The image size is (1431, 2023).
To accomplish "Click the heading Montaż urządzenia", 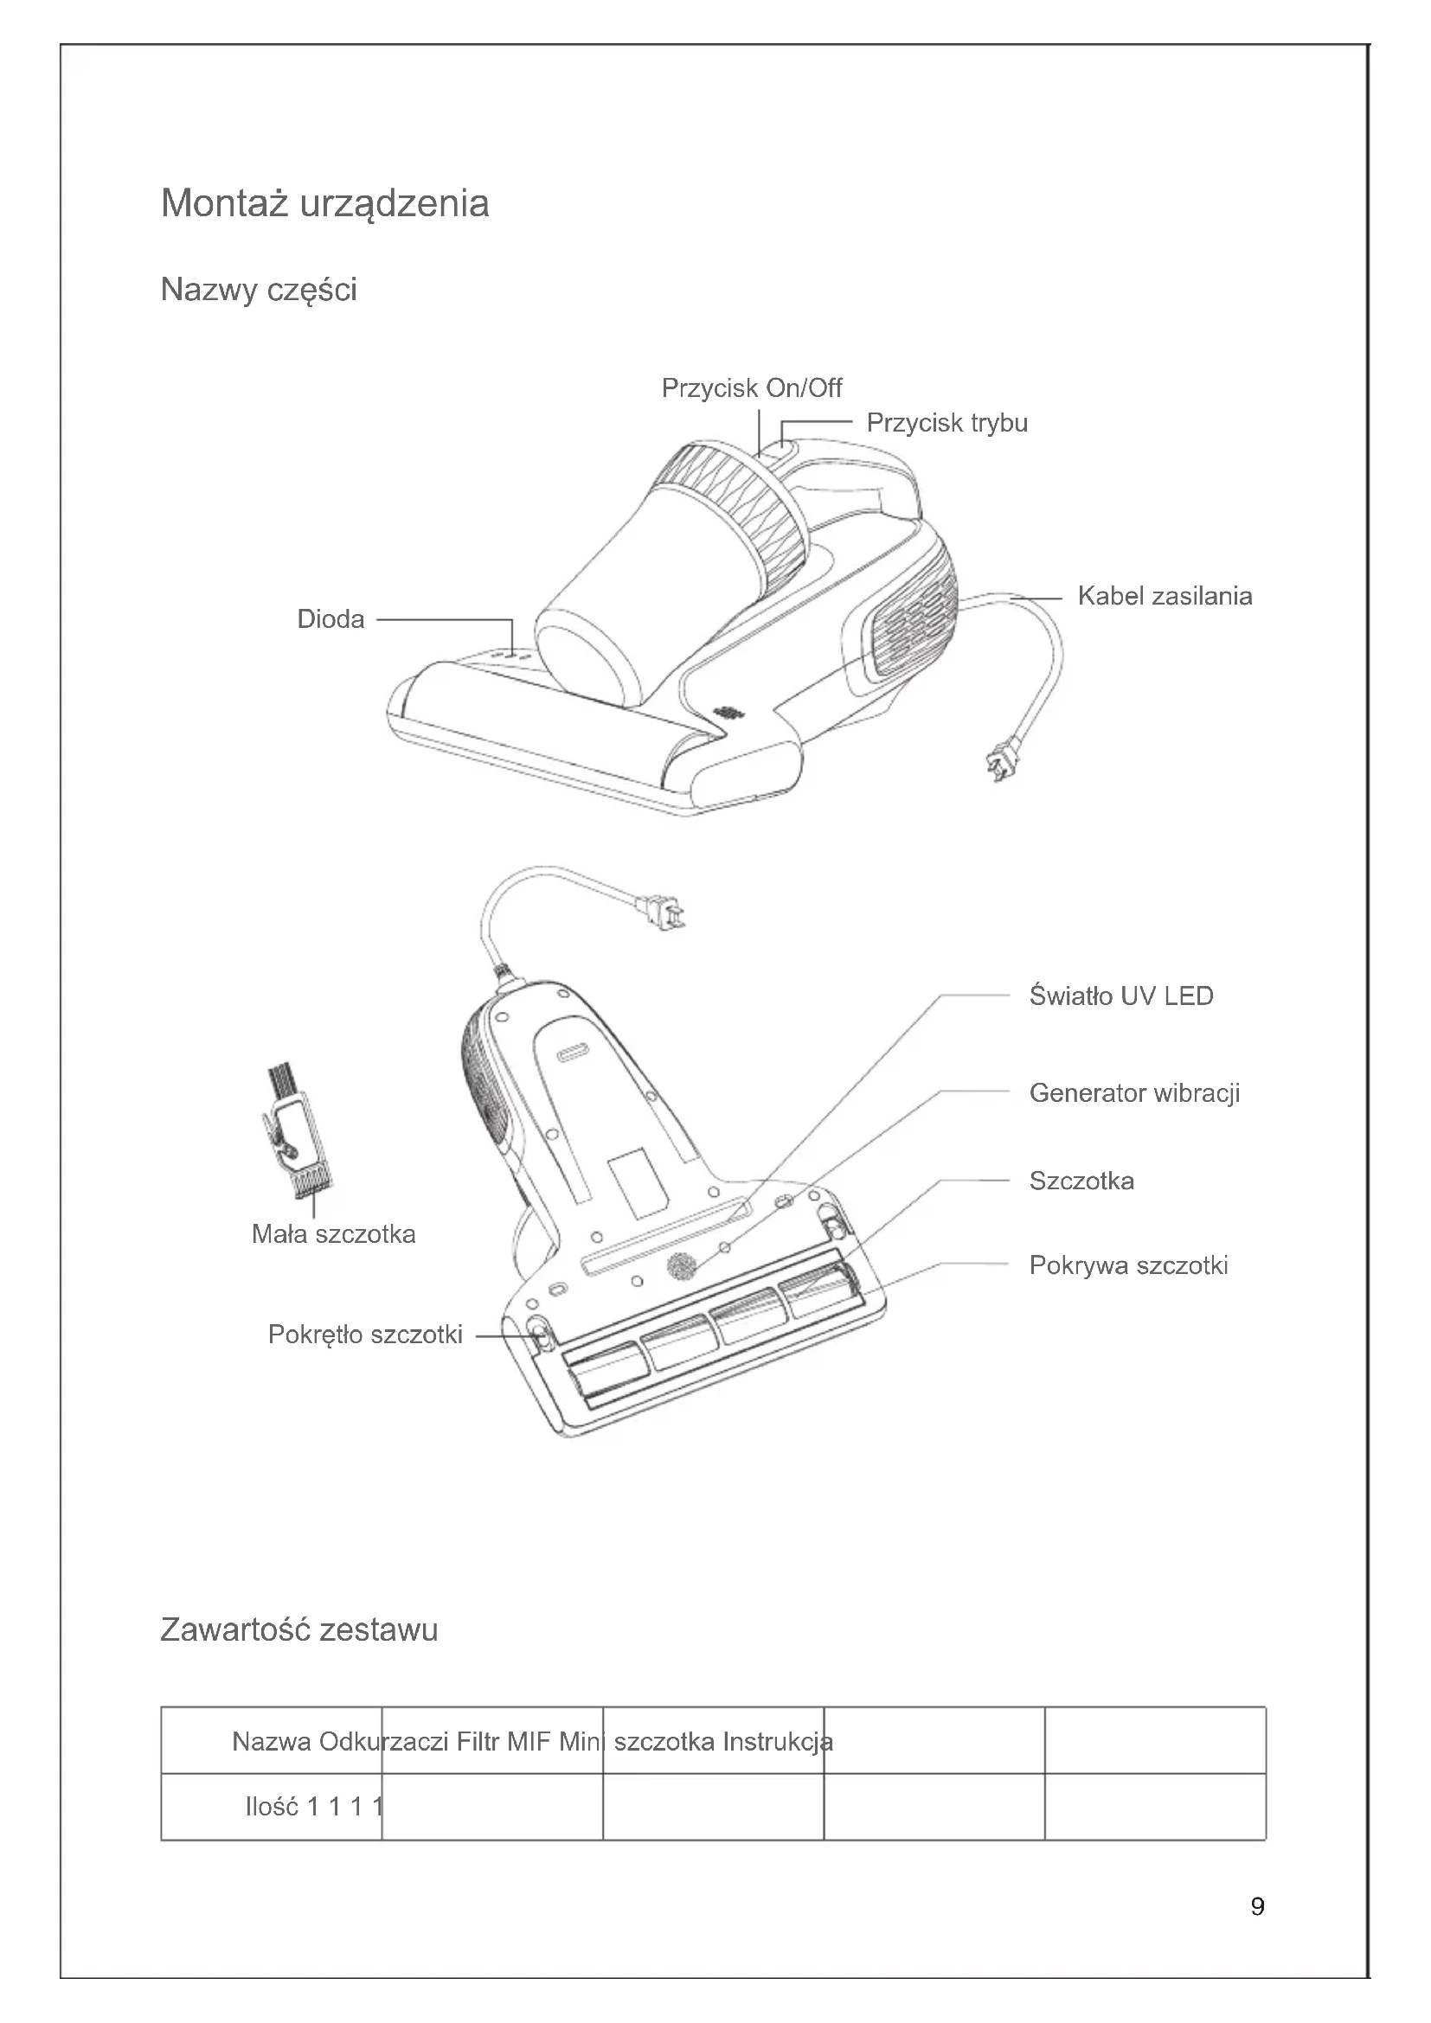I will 324,203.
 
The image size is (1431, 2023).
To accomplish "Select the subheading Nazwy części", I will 258,290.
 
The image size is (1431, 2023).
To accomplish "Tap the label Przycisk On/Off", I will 751,388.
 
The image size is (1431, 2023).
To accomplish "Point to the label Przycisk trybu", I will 947,423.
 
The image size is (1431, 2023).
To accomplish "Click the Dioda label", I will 330,619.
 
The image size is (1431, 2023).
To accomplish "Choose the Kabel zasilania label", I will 1164,597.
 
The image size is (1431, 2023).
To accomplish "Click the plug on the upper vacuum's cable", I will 1004,759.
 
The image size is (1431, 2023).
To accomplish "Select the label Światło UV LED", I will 1120,996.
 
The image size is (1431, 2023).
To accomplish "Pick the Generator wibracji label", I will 1133,1093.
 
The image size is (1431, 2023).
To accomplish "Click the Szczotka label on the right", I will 1081,1181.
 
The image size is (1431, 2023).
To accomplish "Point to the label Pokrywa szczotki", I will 1128,1266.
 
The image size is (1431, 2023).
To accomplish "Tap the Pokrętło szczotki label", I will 365,1335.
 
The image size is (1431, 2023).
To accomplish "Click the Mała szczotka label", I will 333,1234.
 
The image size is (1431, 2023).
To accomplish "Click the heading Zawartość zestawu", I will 298,1630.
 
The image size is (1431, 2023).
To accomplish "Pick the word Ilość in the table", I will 272,1807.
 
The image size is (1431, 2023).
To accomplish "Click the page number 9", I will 1257,1907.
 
